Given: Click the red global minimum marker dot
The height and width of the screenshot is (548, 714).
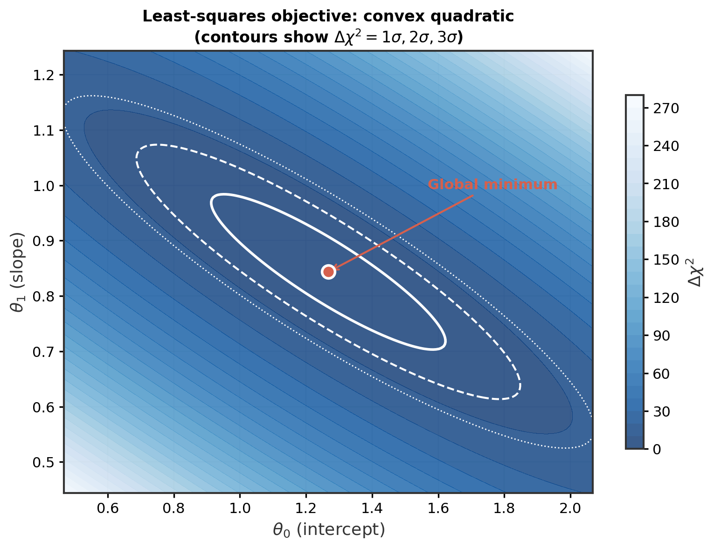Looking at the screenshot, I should tap(328, 272).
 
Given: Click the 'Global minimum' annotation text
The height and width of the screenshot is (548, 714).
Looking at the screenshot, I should tap(492, 185).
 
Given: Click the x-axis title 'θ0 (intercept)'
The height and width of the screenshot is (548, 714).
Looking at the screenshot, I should tap(329, 530).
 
